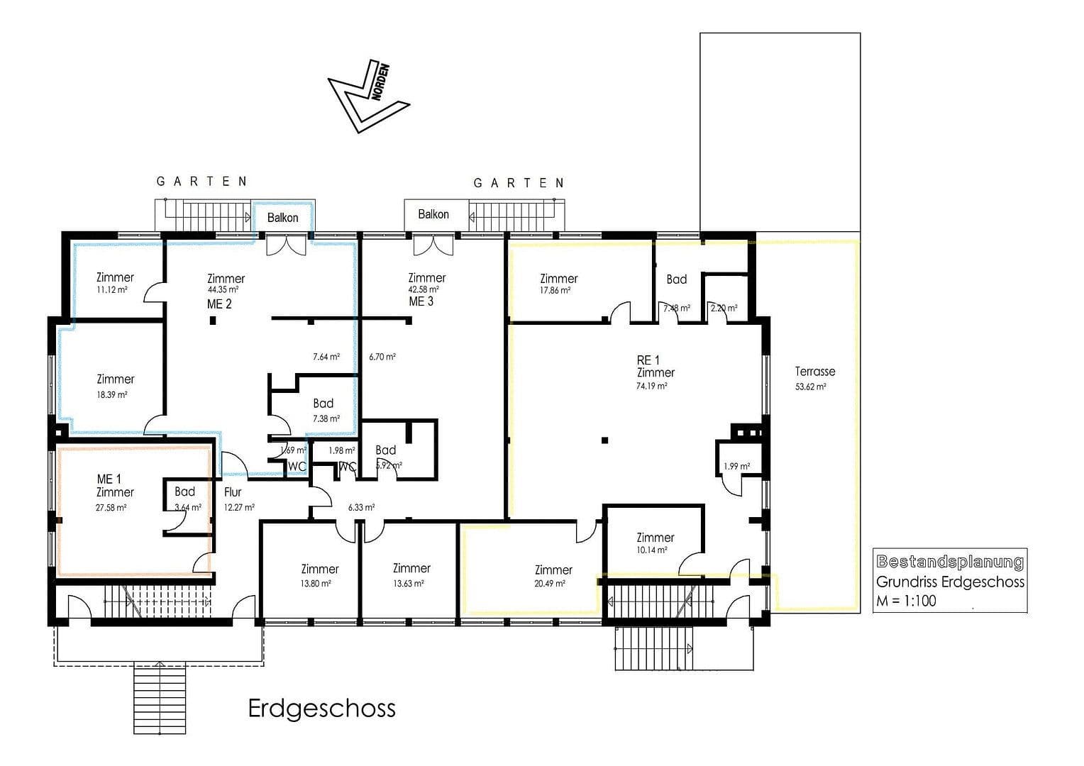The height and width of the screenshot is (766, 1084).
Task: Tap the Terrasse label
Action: click(814, 371)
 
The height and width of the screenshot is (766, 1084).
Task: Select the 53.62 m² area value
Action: click(811, 387)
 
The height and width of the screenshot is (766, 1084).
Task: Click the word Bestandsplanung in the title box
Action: click(950, 562)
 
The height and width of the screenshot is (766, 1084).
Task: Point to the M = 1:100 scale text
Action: click(906, 601)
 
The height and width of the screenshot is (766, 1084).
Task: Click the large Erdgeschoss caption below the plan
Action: click(321, 708)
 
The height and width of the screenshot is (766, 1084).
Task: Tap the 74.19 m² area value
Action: click(652, 387)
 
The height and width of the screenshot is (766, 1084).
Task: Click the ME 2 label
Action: click(219, 304)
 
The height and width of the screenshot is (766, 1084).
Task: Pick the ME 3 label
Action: click(421, 301)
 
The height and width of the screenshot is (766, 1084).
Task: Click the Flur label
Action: click(233, 492)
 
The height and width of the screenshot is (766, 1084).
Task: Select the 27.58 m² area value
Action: click(111, 508)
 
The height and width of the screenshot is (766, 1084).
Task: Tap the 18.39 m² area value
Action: click(112, 395)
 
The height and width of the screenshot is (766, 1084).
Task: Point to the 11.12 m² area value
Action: click(112, 290)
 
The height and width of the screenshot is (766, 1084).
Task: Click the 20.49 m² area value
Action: click(551, 584)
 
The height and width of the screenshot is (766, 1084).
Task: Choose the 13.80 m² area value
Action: click(316, 584)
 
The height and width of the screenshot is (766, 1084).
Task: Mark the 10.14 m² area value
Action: click(652, 550)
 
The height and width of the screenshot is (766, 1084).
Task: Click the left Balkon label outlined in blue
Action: click(282, 218)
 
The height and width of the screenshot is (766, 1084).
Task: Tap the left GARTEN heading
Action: click(202, 182)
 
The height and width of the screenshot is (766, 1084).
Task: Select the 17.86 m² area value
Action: click(555, 291)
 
